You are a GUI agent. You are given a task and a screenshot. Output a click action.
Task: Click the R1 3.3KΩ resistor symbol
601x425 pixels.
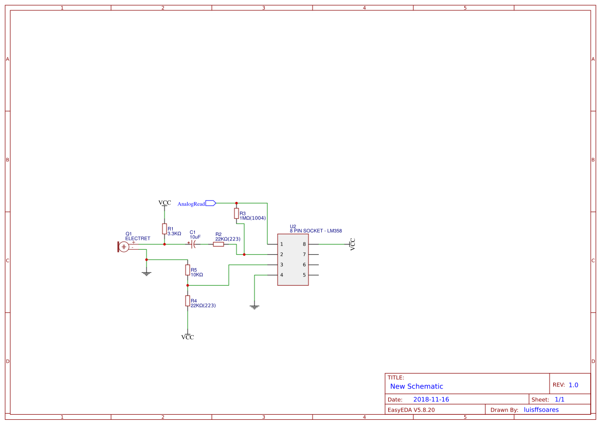(165, 229)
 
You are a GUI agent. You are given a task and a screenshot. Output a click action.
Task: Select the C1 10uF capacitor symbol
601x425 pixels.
(193, 244)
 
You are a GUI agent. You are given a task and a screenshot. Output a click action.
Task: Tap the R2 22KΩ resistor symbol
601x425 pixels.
(218, 244)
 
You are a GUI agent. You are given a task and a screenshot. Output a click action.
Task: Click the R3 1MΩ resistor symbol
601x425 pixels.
(236, 213)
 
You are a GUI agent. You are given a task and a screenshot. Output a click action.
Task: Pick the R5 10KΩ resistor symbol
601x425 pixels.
(188, 270)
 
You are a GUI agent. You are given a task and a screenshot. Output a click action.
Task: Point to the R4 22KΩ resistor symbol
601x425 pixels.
(188, 301)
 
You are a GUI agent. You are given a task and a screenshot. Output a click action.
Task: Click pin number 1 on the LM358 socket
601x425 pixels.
(281, 244)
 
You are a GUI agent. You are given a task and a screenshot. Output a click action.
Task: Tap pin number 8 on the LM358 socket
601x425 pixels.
(304, 244)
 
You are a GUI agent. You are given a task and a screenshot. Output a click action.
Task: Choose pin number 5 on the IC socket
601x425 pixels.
(304, 275)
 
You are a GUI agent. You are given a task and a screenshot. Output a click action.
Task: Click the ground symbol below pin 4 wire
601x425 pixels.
(254, 307)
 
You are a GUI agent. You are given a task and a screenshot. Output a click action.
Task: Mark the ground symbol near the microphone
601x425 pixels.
(147, 273)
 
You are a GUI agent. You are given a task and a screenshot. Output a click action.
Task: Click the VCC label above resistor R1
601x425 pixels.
(165, 203)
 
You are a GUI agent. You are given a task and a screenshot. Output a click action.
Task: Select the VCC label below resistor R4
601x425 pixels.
(188, 337)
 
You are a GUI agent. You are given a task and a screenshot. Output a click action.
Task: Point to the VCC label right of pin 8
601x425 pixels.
(353, 244)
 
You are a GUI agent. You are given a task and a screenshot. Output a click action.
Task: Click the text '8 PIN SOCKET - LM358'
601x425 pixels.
(316, 231)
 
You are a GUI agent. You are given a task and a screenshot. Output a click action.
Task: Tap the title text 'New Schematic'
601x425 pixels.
(416, 386)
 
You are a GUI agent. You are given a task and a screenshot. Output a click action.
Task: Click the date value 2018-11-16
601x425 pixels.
(431, 399)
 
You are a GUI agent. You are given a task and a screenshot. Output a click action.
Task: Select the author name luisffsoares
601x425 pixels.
(541, 410)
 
